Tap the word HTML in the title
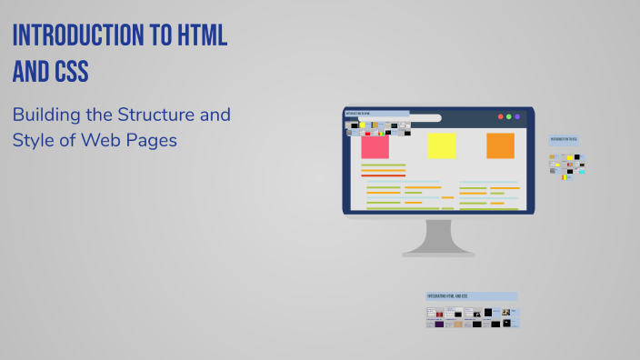197,36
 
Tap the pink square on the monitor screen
375,145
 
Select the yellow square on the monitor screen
442,145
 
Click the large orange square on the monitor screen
500,145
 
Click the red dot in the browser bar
499,117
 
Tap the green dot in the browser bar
508,117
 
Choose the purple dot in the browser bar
517,117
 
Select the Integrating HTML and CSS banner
471,296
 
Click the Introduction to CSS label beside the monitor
564,141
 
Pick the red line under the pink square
383,175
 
